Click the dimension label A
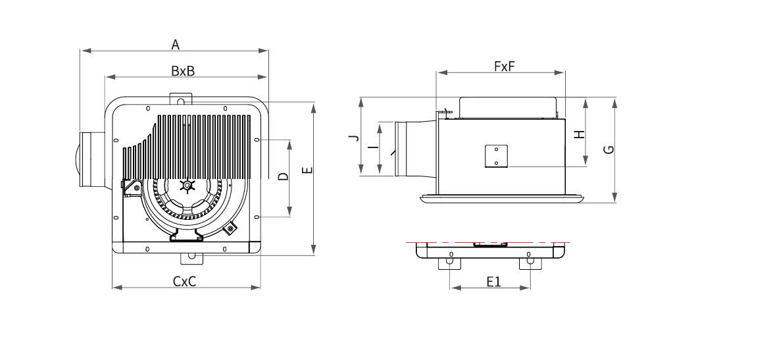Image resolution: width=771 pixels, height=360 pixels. [176, 45]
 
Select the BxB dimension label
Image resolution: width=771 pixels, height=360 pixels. [183, 71]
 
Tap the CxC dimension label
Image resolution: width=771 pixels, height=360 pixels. [184, 281]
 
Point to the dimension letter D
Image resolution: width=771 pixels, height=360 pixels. [284, 176]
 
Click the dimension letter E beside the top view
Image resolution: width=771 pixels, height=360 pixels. [307, 170]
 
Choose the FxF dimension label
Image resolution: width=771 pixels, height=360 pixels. [505, 66]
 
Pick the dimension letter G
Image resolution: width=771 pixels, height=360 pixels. [609, 149]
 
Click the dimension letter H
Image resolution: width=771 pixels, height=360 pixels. [580, 134]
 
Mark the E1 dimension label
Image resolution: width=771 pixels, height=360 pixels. [493, 281]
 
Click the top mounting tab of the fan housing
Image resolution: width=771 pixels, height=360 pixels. [180, 99]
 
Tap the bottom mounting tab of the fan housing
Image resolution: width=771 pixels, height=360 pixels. [191, 258]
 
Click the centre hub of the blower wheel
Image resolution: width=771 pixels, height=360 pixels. [187, 186]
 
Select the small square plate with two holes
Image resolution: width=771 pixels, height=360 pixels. [496, 156]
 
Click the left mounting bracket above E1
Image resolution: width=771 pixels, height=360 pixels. [451, 263]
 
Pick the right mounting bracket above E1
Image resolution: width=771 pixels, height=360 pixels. [530, 263]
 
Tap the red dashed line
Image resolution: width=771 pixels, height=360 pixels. [488, 242]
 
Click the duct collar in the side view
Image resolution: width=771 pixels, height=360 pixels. [416, 148]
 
